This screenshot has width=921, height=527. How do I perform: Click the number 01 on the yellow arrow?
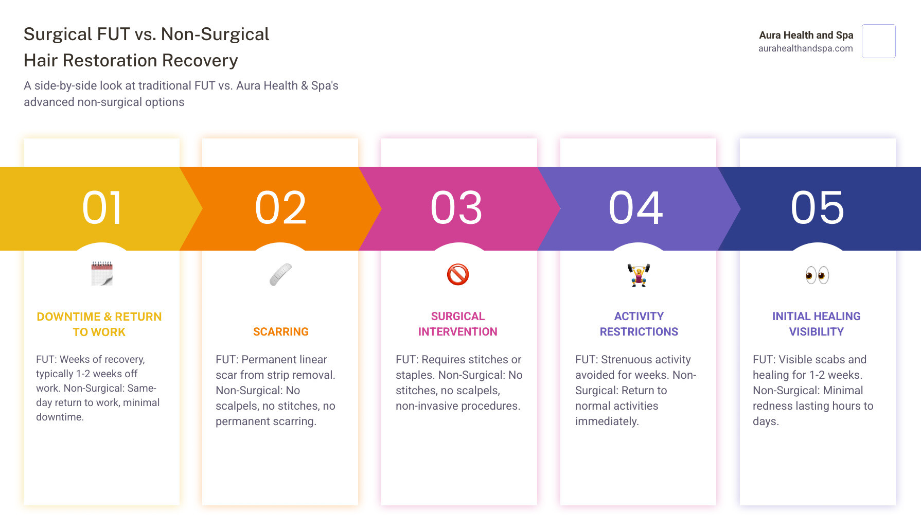click(102, 208)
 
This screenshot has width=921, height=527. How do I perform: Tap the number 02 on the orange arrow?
click(280, 208)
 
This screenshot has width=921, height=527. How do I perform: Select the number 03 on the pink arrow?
click(456, 208)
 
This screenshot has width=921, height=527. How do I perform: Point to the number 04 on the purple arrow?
click(636, 208)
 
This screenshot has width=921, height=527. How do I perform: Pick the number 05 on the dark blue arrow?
click(817, 208)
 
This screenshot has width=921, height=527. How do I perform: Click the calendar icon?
click(102, 274)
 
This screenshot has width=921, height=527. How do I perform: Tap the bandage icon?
click(280, 274)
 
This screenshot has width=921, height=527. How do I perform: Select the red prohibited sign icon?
click(458, 274)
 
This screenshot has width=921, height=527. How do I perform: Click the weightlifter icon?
click(639, 275)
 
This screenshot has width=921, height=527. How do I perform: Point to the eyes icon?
click(817, 275)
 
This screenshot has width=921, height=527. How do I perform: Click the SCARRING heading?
click(280, 332)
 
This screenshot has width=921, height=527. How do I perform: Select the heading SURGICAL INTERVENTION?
click(457, 324)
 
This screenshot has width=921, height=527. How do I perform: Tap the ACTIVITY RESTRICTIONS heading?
click(639, 324)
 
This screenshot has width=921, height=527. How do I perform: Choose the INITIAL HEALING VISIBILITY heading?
click(816, 324)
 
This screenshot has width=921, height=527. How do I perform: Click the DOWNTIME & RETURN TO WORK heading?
click(99, 324)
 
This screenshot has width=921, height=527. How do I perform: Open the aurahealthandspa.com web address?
click(805, 48)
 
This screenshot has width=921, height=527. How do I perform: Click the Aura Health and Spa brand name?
click(806, 35)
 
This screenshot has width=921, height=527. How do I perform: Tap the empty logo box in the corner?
click(878, 41)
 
